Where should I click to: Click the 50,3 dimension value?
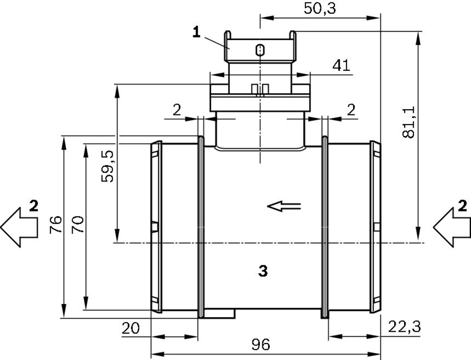[x=320, y=8]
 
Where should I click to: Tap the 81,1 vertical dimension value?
[x=408, y=122]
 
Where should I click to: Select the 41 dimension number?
[x=341, y=65]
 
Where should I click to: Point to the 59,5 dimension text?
[x=107, y=166]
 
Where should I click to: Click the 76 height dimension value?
[x=56, y=224]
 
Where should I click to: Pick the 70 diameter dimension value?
[x=78, y=224]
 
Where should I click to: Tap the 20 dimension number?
[x=130, y=328]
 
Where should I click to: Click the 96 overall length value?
[x=261, y=344]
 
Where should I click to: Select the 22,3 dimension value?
[x=404, y=327]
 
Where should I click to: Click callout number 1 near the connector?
[x=196, y=32]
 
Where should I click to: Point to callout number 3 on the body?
[x=263, y=271]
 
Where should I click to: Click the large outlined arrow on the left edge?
[x=19, y=227]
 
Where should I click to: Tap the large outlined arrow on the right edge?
[x=452, y=228]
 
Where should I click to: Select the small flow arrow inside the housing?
[x=284, y=206]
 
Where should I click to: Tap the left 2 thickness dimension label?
[x=177, y=110]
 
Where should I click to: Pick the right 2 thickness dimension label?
[x=351, y=110]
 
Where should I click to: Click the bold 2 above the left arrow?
[x=34, y=206]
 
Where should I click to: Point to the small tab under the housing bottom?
[x=219, y=313]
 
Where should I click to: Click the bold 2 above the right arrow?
[x=463, y=206]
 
